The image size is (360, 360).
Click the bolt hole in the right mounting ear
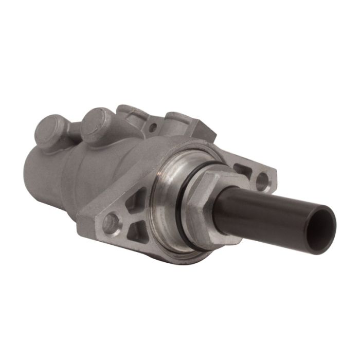pyautogui.click(x=262, y=180)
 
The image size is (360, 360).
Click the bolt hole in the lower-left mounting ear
pyautogui.click(x=110, y=222)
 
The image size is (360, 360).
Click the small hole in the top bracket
pyautogui.click(x=152, y=125)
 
